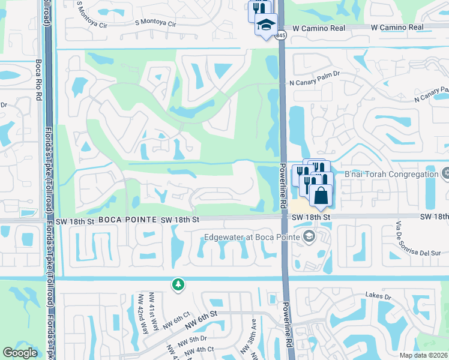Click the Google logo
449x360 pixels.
coord(20,353)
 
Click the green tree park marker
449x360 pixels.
coord(178,284)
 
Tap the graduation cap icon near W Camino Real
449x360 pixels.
coord(265,25)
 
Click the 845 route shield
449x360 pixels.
coord(281,36)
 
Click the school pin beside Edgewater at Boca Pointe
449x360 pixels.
coord(309,236)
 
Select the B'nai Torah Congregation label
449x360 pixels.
coord(391,175)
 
